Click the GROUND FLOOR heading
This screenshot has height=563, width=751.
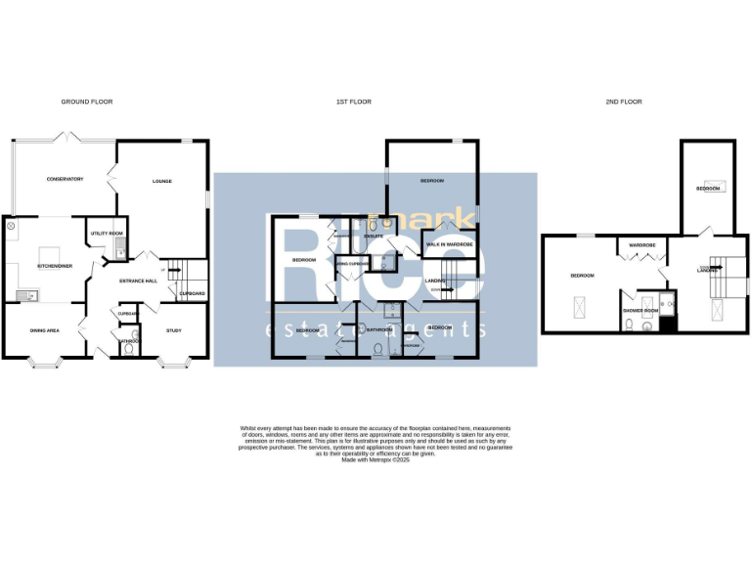[82, 102]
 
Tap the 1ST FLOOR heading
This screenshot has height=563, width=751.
[354, 102]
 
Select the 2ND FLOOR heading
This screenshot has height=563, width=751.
[623, 102]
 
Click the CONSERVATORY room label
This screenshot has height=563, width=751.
[65, 179]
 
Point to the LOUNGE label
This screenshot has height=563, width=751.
[161, 181]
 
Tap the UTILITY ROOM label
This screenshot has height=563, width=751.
[106, 234]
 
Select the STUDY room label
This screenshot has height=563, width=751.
[174, 331]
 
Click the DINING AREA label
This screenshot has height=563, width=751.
[46, 331]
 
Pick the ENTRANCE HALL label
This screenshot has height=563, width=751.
[138, 281]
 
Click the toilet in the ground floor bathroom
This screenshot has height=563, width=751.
[130, 348]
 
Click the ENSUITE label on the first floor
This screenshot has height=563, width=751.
[373, 237]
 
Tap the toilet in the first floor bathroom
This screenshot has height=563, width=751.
[378, 346]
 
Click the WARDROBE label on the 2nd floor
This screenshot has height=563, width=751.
[641, 244]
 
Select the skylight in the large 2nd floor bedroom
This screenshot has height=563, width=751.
[580, 308]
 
